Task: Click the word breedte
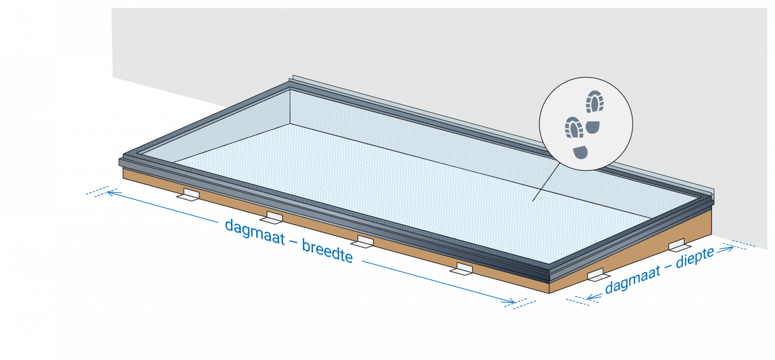327,251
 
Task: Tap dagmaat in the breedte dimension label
255,232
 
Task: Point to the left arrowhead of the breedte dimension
112,193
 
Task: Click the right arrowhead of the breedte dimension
510,302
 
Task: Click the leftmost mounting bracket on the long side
189,195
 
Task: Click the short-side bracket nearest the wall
679,245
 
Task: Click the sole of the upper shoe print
595,101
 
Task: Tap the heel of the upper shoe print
593,127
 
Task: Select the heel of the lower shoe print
580,152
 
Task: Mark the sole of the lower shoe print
574,127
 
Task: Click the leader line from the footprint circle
546,182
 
